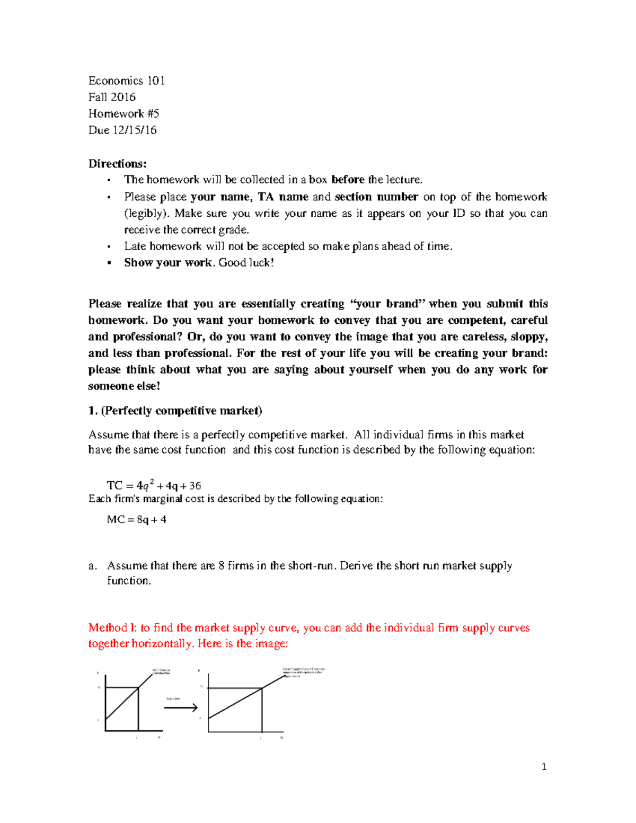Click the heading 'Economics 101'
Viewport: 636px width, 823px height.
coord(126,81)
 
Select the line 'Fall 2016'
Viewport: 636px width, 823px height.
coord(112,97)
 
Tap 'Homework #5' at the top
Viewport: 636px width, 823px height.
coord(123,113)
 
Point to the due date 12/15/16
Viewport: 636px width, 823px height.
coord(135,130)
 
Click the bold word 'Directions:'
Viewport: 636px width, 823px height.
coord(117,163)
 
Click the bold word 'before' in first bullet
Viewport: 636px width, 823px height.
coord(348,180)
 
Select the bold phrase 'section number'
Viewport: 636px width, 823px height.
coord(376,197)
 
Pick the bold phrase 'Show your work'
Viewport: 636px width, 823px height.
coord(168,263)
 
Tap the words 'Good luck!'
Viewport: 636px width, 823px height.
coord(246,263)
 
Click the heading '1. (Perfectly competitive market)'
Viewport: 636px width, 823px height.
coord(175,411)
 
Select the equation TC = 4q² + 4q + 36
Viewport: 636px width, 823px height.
coord(154,485)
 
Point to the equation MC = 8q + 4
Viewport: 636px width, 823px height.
coord(136,519)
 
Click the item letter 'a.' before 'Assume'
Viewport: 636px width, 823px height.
coord(93,566)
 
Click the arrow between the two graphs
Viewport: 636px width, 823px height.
coord(181,707)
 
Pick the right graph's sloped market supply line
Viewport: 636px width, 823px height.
coord(236,703)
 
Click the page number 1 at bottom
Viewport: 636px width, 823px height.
coord(544,766)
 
